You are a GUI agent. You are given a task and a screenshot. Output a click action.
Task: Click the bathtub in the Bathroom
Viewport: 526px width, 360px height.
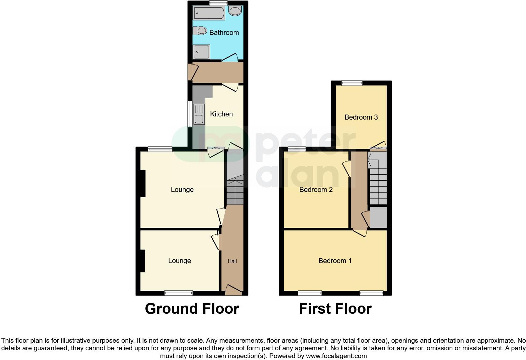(x=209, y=13)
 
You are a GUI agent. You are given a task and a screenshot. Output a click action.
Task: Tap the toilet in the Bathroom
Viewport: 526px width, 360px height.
(x=200, y=31)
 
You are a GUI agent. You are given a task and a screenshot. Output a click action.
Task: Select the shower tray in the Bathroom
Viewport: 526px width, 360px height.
(x=201, y=52)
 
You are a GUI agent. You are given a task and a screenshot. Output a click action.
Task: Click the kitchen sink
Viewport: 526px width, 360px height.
(x=199, y=119)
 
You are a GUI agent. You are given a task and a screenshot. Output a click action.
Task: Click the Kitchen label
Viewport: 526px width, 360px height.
(x=221, y=114)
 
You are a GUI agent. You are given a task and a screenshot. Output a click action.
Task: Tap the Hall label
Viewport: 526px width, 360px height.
(x=232, y=261)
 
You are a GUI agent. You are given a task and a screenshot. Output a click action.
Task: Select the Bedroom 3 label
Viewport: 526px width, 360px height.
(x=361, y=117)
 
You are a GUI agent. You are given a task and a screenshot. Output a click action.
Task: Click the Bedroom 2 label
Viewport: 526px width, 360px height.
(x=316, y=190)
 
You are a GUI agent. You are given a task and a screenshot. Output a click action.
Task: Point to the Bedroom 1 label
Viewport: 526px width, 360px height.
(x=335, y=261)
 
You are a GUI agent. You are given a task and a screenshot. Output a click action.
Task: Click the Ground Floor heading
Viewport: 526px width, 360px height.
(x=192, y=309)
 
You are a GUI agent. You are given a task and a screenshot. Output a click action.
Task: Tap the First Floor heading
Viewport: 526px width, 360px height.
(x=335, y=309)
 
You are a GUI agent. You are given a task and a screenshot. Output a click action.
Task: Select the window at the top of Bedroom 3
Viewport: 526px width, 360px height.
(x=352, y=83)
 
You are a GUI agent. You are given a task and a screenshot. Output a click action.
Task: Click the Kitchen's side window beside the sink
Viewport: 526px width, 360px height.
(x=190, y=114)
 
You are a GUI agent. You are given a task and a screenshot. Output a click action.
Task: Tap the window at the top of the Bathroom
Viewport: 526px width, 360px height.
(x=218, y=3)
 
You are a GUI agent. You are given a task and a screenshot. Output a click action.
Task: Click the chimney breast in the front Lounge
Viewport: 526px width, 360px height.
(x=143, y=261)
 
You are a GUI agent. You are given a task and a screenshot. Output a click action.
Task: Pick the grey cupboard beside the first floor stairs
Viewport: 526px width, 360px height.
(x=378, y=217)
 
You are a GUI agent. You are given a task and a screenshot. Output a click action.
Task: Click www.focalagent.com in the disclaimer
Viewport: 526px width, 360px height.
(x=336, y=356)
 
